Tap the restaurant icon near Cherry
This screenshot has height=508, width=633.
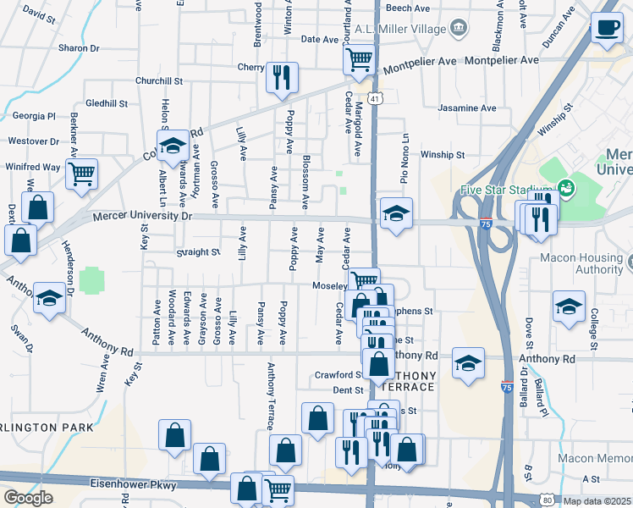pyautogui.click(x=281, y=77)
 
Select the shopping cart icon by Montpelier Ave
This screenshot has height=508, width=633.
pyautogui.click(x=359, y=59)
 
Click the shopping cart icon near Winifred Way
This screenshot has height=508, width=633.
pyautogui.click(x=81, y=174)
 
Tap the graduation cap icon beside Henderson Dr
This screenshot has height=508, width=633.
pyautogui.click(x=49, y=299)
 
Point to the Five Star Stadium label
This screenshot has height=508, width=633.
pyautogui.click(x=507, y=190)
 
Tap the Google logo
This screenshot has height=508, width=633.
pyautogui.click(x=28, y=498)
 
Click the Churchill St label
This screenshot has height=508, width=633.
pyautogui.click(x=159, y=81)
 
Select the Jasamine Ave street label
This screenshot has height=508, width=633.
pyautogui.click(x=466, y=108)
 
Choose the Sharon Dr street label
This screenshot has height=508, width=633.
pyautogui.click(x=79, y=48)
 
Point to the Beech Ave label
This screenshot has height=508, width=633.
pyautogui.click(x=408, y=8)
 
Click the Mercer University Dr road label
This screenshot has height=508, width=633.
pyautogui.click(x=143, y=217)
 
